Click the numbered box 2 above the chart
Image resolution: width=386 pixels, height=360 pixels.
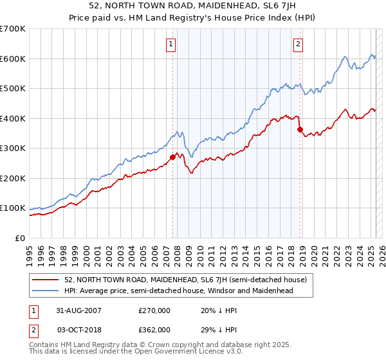299,44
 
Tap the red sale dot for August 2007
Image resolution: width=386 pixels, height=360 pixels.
172,157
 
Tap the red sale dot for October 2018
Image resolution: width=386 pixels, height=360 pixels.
300,129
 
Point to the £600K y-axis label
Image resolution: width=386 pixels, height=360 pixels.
13,59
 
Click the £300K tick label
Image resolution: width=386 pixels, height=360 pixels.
13,148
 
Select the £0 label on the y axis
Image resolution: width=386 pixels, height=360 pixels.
20,238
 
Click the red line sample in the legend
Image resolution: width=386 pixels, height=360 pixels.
46,280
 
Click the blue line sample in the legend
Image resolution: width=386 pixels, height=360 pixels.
46,291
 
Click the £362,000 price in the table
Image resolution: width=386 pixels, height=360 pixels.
154,329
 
